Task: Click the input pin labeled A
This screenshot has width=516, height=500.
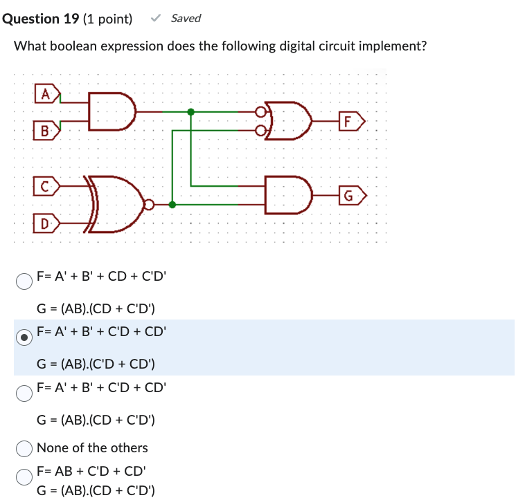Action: pos(47,93)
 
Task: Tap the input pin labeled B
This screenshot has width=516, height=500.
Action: pos(46,130)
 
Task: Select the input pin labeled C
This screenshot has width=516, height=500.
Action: pos(46,185)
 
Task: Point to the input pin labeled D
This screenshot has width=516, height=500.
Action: pos(46,223)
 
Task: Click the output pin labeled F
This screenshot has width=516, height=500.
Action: pos(352,122)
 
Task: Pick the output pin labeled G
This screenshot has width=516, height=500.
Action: pos(352,196)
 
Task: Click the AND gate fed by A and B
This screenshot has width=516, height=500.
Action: pos(112,111)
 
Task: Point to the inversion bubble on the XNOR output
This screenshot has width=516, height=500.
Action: pos(148,205)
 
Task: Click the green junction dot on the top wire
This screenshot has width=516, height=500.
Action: pos(191,111)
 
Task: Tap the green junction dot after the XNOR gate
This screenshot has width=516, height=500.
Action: pos(172,205)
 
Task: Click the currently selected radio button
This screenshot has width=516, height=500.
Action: pos(24,337)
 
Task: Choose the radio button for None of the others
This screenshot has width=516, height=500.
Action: pos(24,448)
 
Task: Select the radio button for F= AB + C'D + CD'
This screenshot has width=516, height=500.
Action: pos(24,476)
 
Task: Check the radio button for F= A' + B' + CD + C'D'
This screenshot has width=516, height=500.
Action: pos(24,281)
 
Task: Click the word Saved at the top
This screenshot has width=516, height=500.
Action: pos(186,18)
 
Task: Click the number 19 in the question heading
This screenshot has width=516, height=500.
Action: pos(70,19)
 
